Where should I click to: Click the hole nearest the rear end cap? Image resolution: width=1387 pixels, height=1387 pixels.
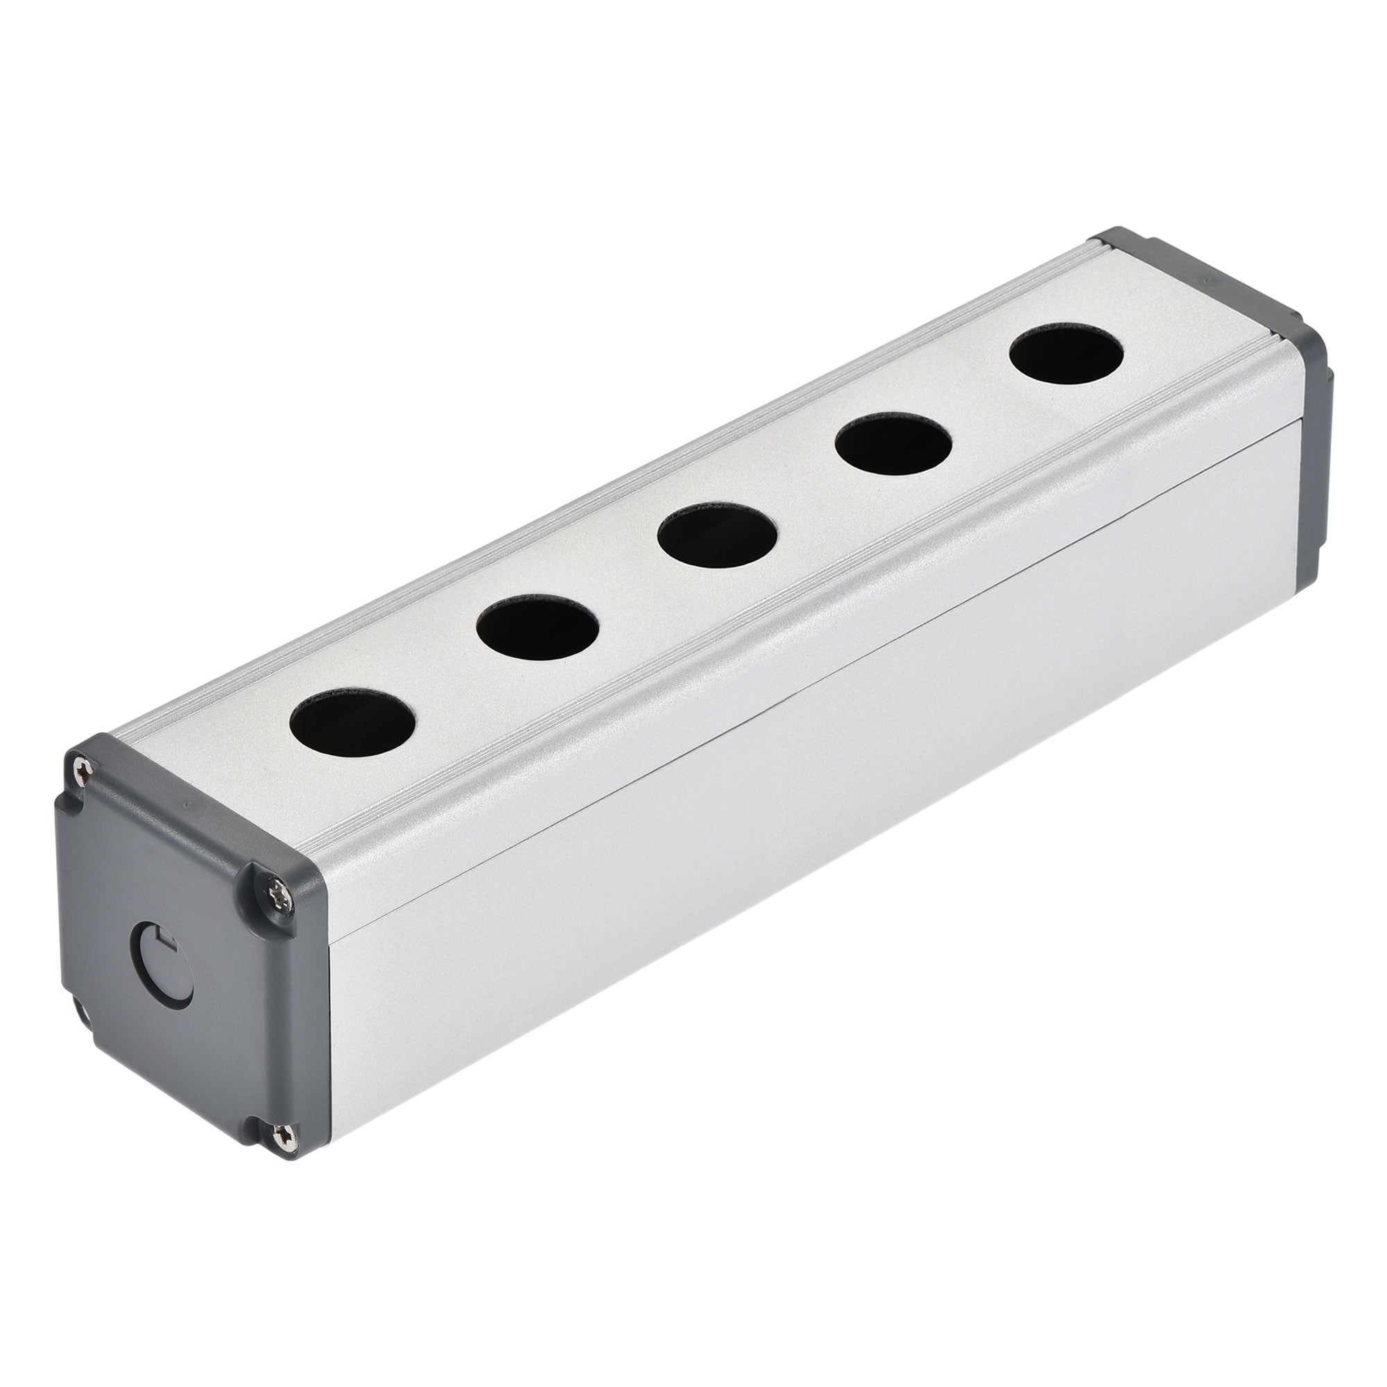(1066, 354)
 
